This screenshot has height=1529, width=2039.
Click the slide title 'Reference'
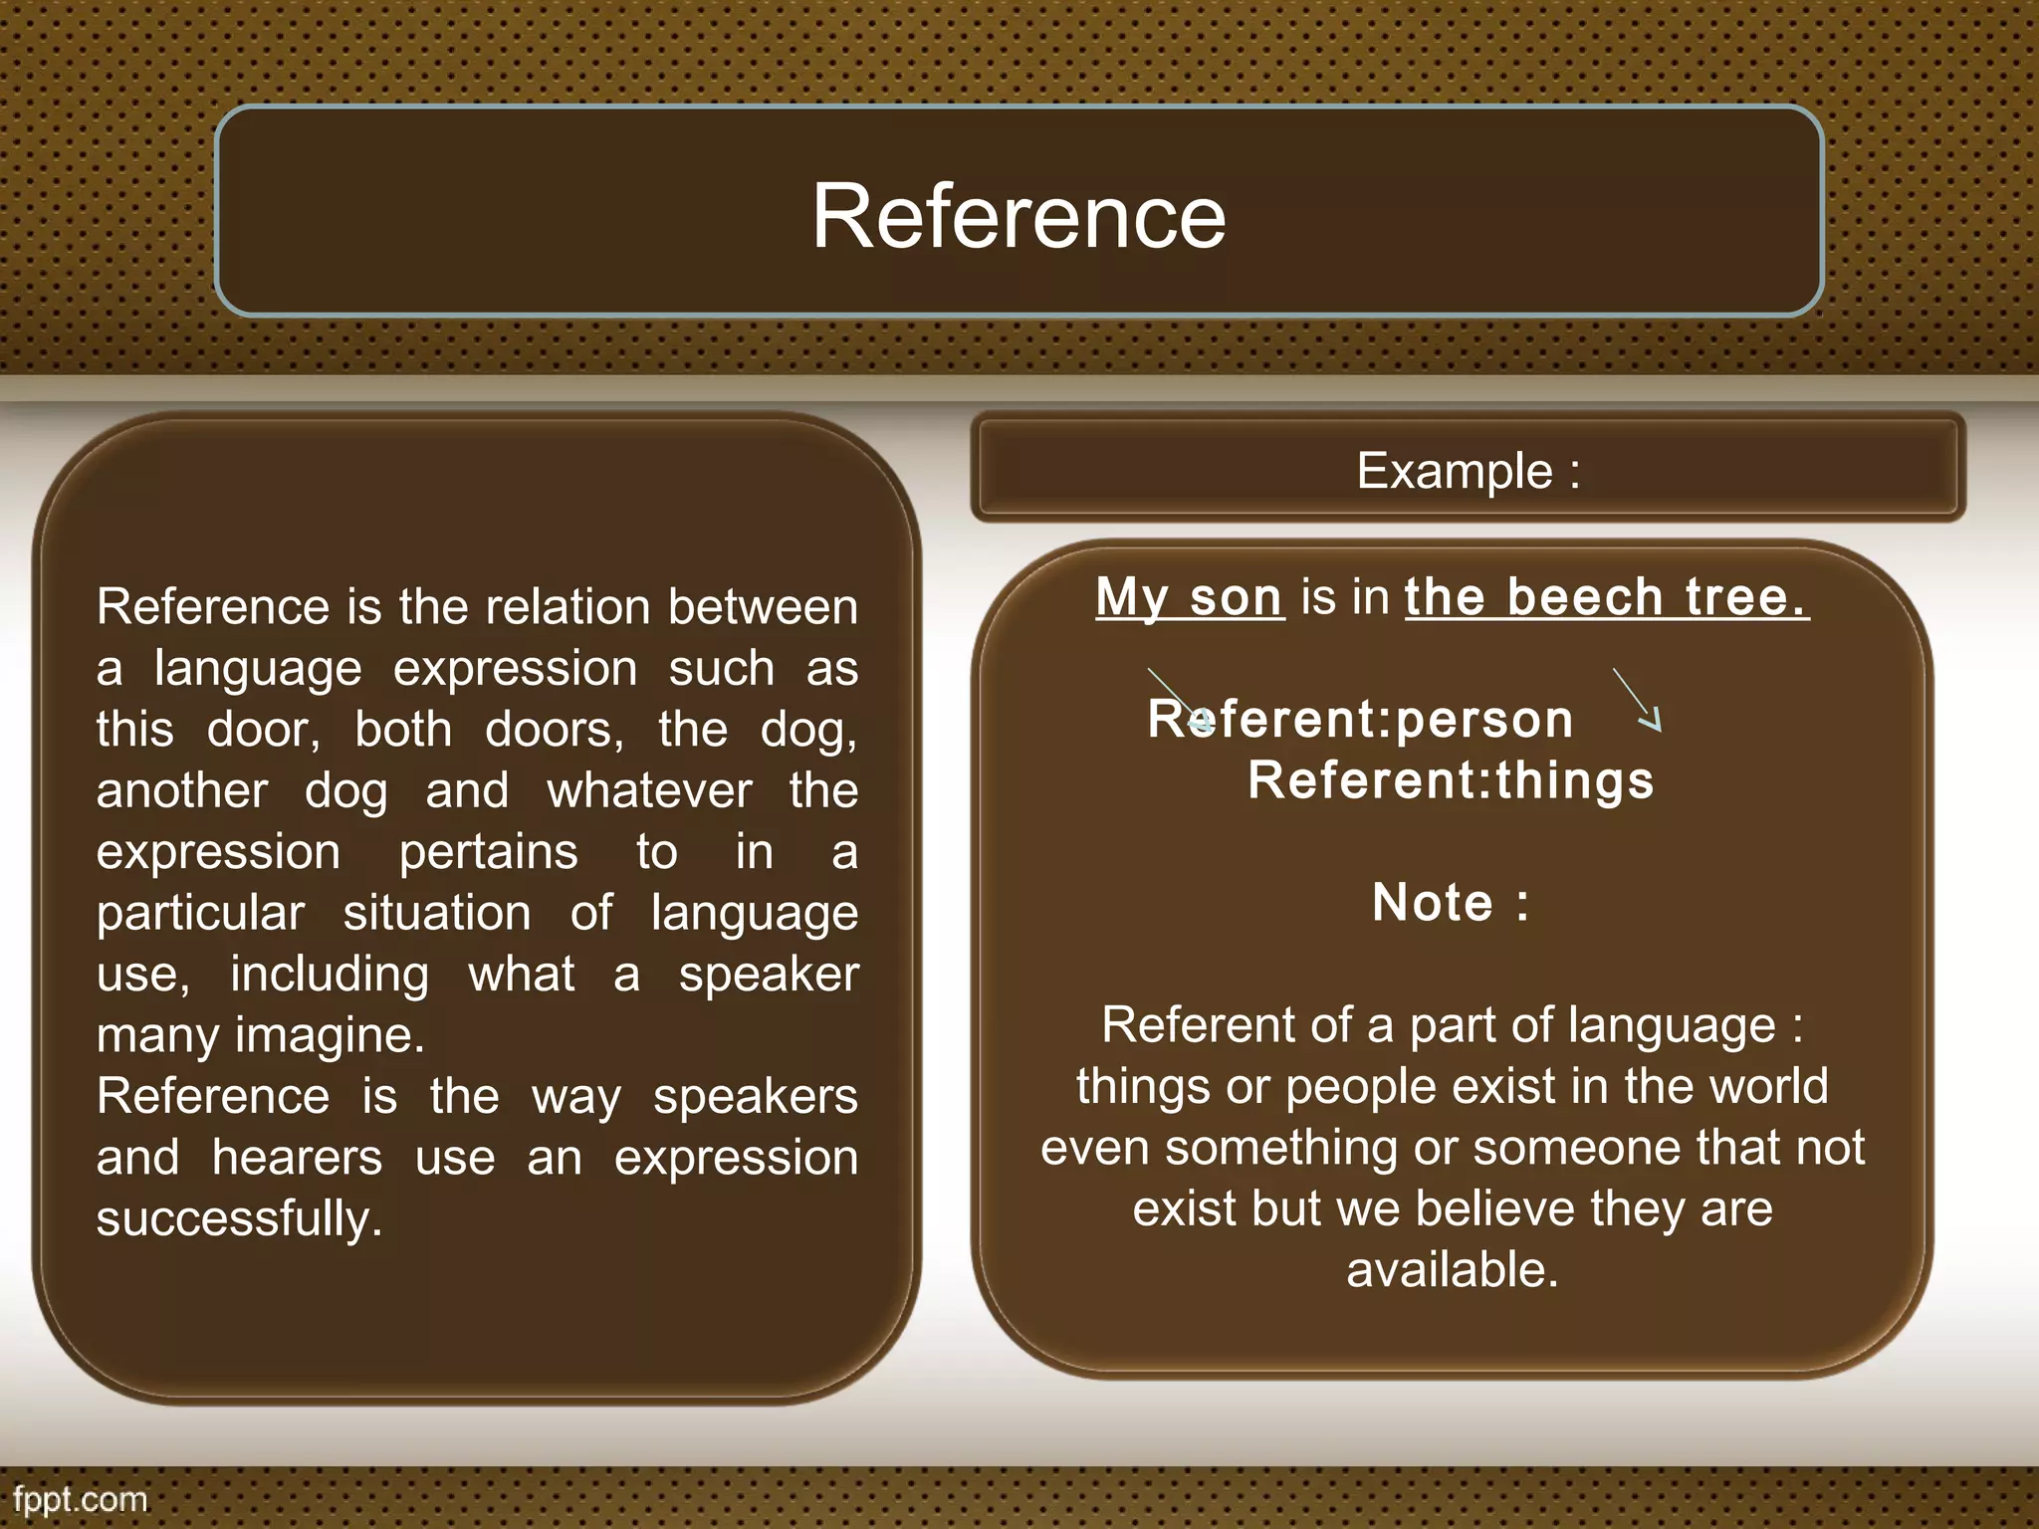pyautogui.click(x=1019, y=216)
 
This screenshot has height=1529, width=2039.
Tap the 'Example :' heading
pyautogui.click(x=1468, y=470)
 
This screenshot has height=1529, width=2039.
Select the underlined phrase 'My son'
pyautogui.click(x=1189, y=597)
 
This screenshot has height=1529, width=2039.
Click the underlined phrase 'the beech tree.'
pyautogui.click(x=1606, y=597)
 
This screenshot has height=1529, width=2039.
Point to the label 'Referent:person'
pyautogui.click(x=1360, y=719)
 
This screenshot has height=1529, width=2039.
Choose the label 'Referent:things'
pyautogui.click(x=1451, y=779)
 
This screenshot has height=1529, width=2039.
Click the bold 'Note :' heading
pyautogui.click(x=1451, y=903)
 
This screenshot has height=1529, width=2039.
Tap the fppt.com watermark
pyautogui.click(x=80, y=1499)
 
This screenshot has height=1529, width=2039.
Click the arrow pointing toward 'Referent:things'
pyautogui.click(x=1638, y=701)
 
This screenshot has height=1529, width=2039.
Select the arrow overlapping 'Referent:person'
pyautogui.click(x=1180, y=700)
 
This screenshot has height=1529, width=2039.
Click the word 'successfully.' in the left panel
pyautogui.click(x=239, y=1218)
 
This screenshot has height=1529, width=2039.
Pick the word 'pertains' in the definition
pyautogui.click(x=488, y=852)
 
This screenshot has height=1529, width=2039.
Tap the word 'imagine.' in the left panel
pyautogui.click(x=330, y=1035)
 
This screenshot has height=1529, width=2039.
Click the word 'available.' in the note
pyautogui.click(x=1452, y=1270)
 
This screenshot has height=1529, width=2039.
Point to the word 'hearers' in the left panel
pyautogui.click(x=297, y=1158)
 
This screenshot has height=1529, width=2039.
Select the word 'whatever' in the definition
pyautogui.click(x=649, y=791)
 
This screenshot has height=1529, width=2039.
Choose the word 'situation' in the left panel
pyautogui.click(x=437, y=913)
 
